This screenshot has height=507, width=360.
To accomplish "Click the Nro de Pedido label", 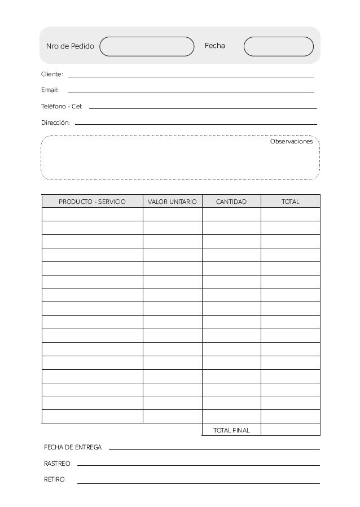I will coord(70,46).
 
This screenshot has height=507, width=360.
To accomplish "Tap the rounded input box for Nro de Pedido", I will coord(147,46).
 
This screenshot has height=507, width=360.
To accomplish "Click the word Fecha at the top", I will coord(214,46).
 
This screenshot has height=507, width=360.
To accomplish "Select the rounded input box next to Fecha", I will coord(278,46).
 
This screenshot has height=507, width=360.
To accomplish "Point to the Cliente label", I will coord(52,75).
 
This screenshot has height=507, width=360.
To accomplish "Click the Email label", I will coord(50,90).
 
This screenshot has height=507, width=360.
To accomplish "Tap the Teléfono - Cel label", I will coord(62,106).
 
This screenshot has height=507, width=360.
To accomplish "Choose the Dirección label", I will coord(55,123).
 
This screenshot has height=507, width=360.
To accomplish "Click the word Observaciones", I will coord(291,142).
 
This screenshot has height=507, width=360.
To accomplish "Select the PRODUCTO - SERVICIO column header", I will coord(92,202).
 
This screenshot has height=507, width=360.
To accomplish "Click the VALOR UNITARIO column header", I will coord(172,202).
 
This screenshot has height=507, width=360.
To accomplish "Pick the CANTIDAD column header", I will coord(231,202).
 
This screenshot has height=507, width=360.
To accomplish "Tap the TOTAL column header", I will coord(291,202).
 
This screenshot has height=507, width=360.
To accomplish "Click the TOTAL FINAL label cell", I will coord(231,430).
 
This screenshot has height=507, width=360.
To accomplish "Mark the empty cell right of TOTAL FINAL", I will coord(291,430).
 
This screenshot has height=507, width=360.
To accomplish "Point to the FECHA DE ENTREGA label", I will coord(73,447).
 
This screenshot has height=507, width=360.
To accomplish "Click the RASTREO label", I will coord(57,464).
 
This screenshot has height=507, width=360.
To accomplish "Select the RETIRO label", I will coord(54,479).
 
